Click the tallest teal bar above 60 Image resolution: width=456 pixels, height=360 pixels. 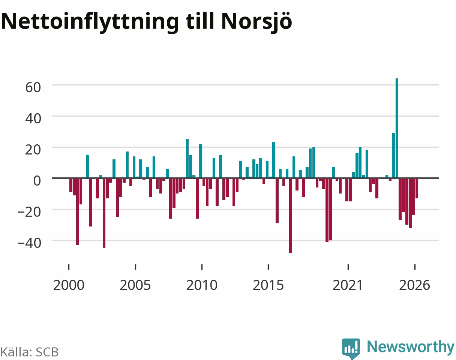397,128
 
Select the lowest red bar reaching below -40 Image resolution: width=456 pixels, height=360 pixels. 290,215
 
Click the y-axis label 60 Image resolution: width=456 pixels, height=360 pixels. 33,87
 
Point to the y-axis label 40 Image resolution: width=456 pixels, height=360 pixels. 33,118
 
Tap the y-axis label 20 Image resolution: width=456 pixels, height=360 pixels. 33,150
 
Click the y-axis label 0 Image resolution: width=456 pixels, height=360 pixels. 37,181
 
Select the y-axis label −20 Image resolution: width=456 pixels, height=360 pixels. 29,212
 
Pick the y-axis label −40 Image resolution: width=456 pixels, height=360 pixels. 29,243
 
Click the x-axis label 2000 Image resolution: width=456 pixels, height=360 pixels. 69,285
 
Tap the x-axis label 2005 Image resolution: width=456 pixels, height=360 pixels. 135,285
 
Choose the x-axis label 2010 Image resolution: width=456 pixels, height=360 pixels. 202,285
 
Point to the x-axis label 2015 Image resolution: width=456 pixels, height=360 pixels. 268,285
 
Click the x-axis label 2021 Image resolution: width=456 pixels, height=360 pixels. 348,285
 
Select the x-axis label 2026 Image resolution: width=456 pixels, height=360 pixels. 415,285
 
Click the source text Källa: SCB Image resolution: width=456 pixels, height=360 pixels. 30,352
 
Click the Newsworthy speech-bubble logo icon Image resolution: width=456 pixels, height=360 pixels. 351,348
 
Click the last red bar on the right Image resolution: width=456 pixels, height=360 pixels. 417,188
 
